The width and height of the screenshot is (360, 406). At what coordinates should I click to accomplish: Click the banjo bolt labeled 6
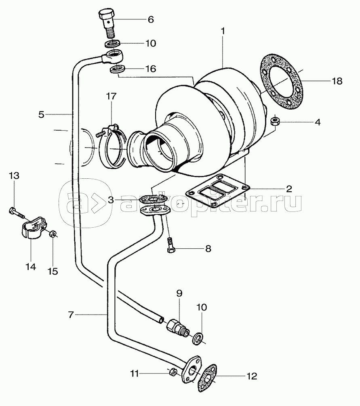click(x=107, y=23)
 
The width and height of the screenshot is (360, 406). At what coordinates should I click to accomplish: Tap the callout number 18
click(x=337, y=81)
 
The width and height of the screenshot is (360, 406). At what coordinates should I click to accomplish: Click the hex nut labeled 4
click(x=275, y=121)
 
